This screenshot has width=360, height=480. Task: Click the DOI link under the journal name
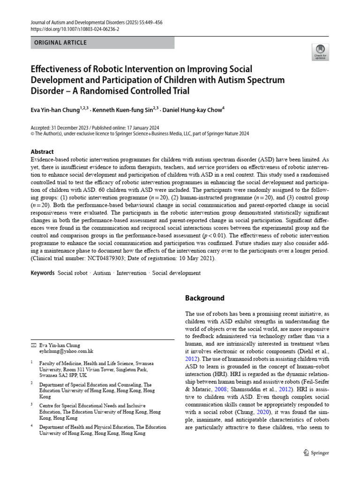pos(75,29)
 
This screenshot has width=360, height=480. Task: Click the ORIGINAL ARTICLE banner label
pos(60,43)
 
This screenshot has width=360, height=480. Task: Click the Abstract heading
pos(42,152)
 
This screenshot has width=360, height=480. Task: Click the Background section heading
pos(204,298)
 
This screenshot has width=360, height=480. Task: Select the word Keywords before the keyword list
pos(42,272)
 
